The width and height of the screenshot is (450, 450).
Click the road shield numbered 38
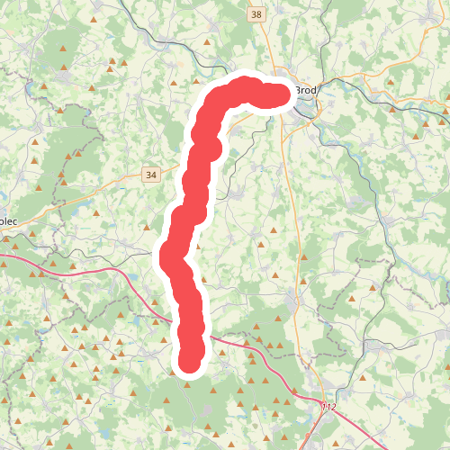pos(257,14)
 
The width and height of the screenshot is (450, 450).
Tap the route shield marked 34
pos(149,175)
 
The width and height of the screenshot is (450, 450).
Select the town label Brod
pos(306,90)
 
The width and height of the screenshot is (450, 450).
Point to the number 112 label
pos(328,408)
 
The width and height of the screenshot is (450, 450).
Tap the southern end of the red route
pos(189,360)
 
